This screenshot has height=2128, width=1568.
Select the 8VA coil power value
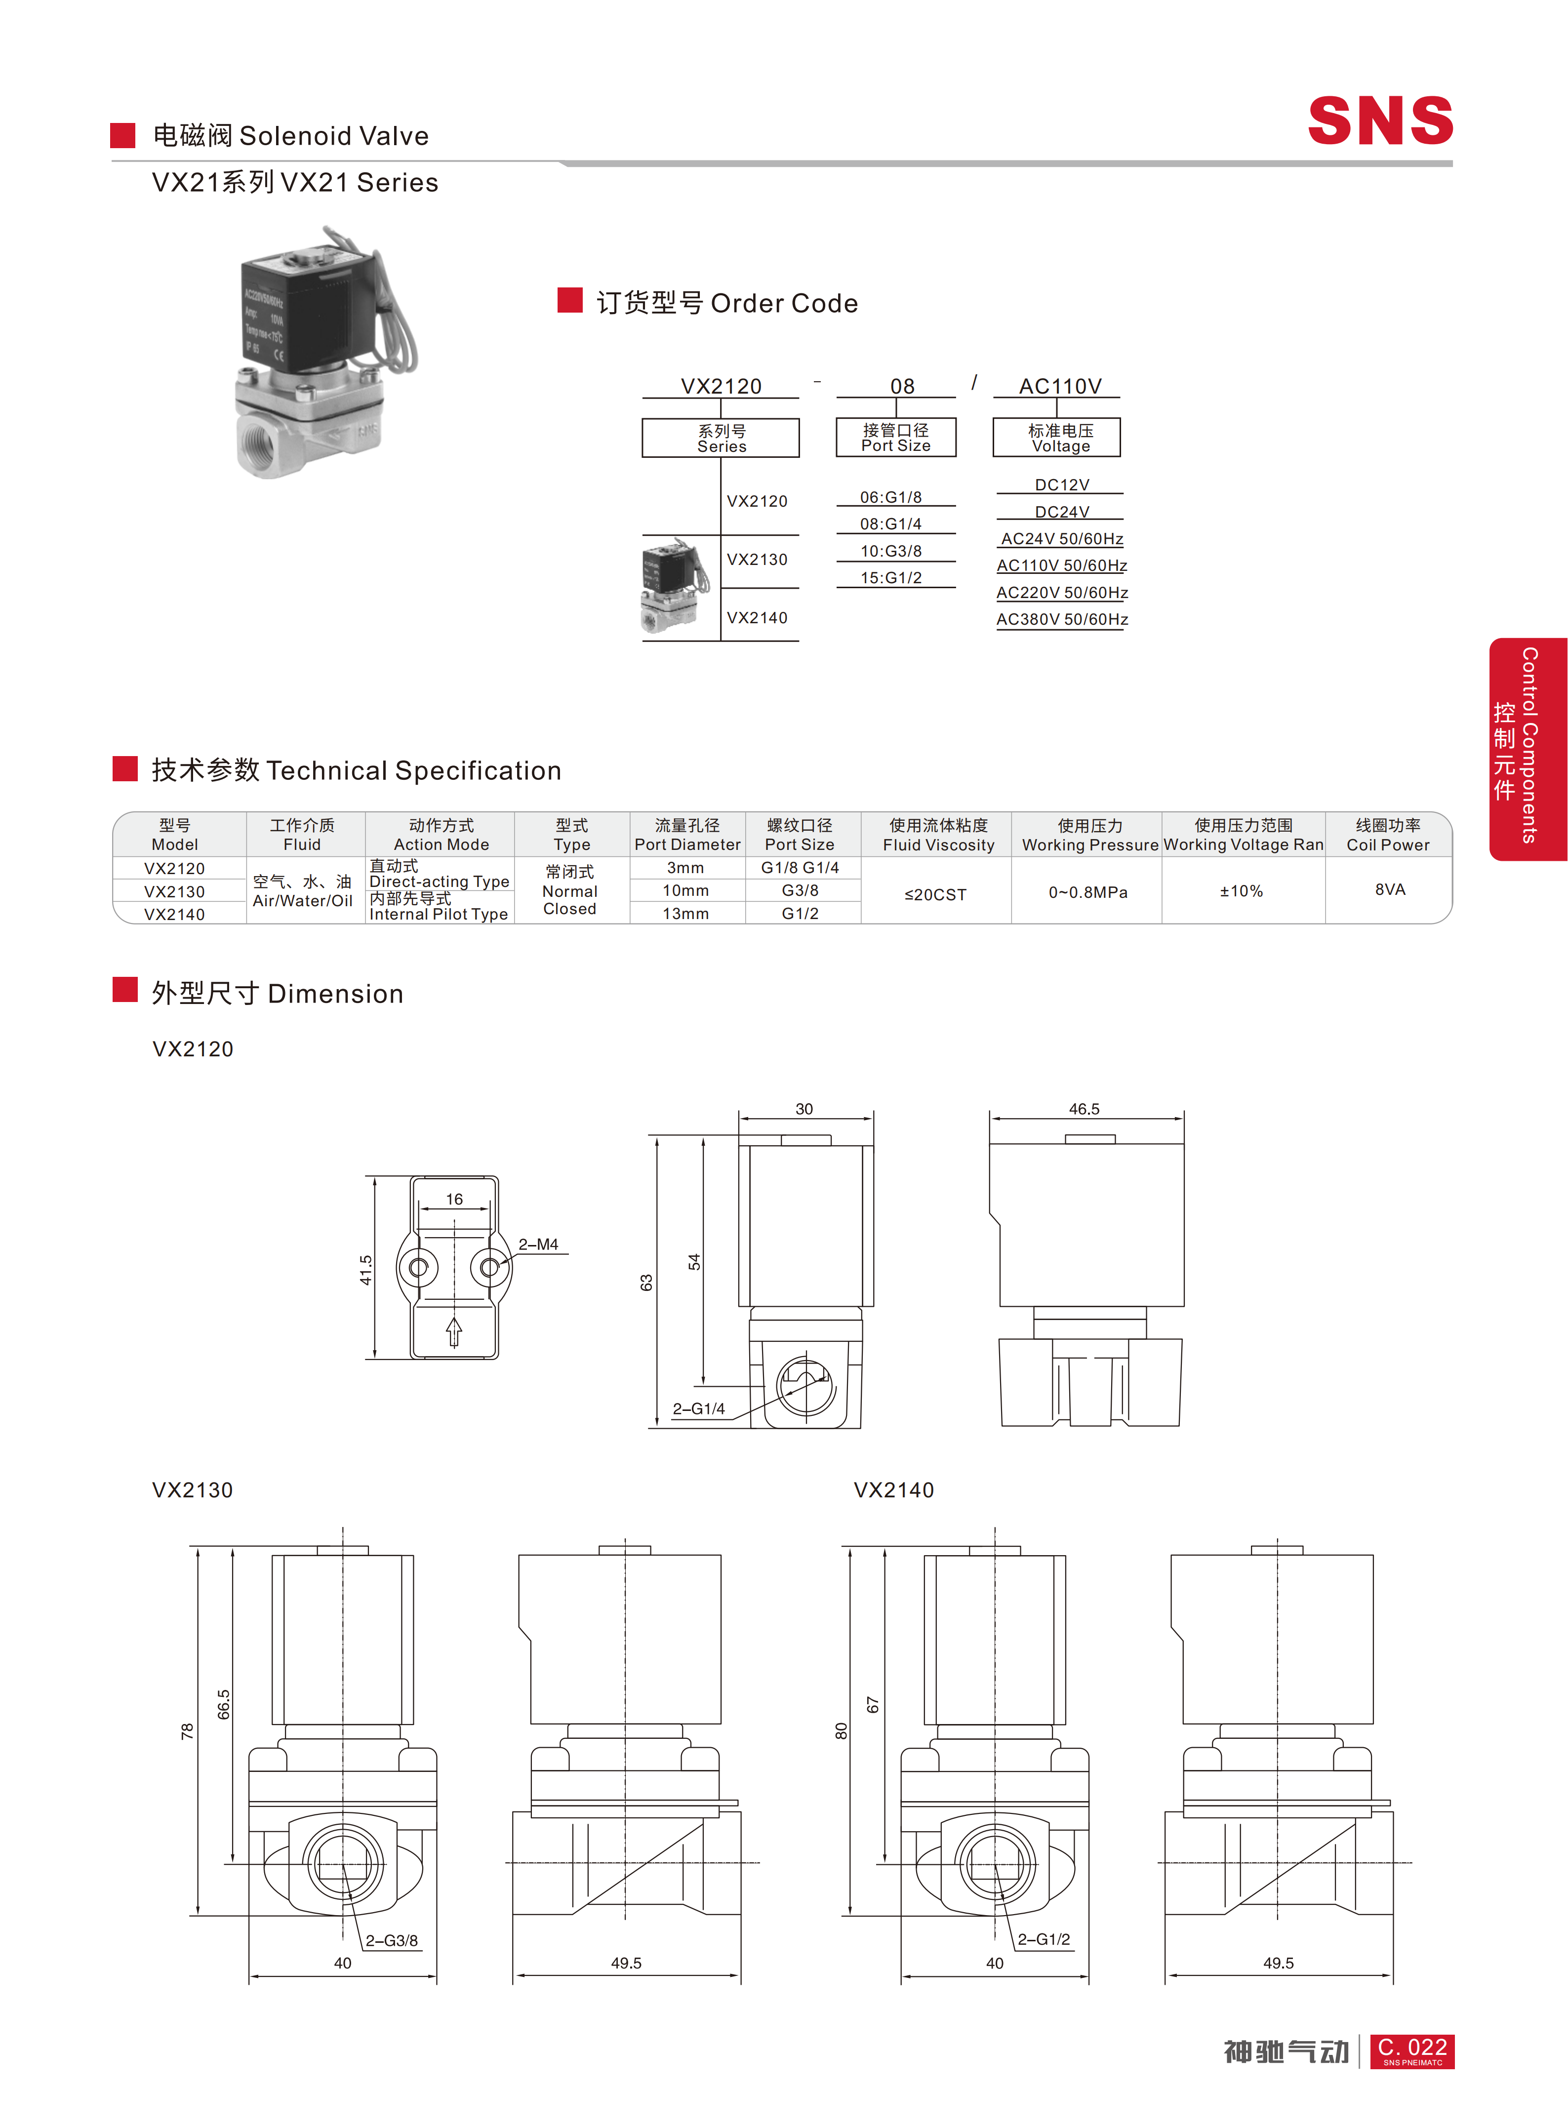pos(1390,889)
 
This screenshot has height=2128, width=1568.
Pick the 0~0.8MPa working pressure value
pos(1088,892)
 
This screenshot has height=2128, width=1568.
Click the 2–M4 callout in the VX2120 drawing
pos(538,1245)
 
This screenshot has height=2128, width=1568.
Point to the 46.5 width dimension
pos(1084,1109)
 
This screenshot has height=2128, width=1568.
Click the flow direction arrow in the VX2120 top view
pos(454,1331)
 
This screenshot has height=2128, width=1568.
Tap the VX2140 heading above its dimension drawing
pos(893,1490)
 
